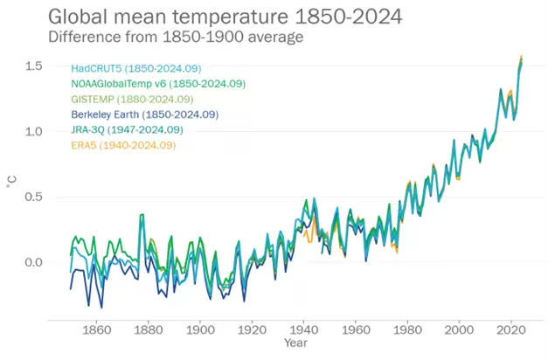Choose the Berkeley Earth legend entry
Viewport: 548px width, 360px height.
[x=144, y=114]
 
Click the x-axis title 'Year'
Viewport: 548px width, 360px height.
[x=296, y=344]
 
